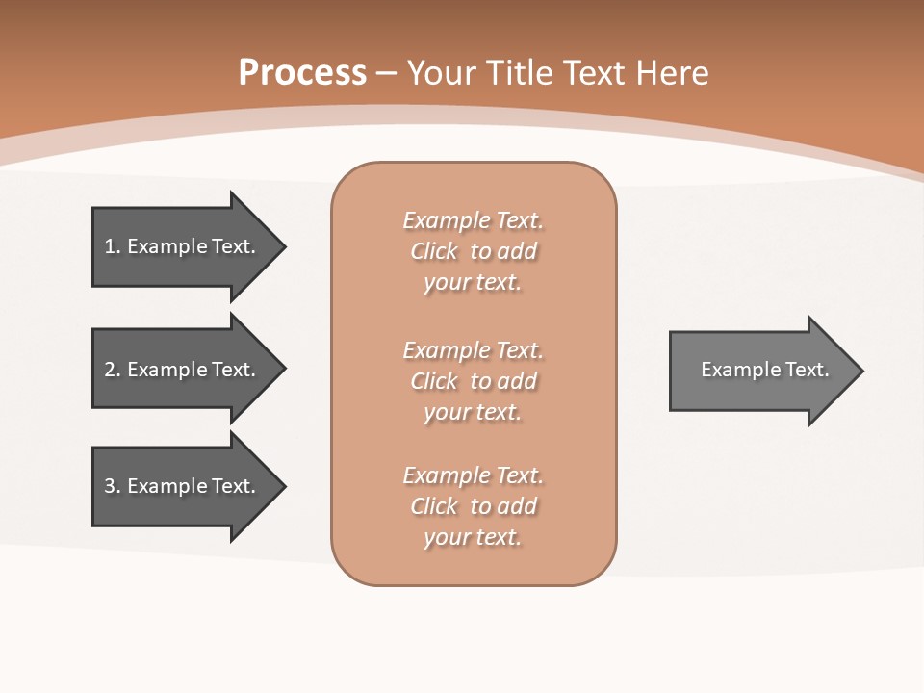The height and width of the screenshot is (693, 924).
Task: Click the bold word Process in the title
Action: [302, 73]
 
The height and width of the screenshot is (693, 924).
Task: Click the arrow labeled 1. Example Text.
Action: [183, 246]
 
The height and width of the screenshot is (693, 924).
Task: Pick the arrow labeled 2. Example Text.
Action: [183, 370]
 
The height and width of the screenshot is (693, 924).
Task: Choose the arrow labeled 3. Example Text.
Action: [183, 486]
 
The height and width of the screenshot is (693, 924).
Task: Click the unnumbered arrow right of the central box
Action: [760, 371]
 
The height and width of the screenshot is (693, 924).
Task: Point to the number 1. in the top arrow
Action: [112, 246]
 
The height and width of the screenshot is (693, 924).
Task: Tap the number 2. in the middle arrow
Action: [112, 370]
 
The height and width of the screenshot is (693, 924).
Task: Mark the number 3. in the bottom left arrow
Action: [112, 486]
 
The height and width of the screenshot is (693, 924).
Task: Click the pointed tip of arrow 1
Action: [280, 246]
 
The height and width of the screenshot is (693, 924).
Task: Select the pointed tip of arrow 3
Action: [280, 486]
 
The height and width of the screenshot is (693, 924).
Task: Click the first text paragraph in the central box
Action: [473, 251]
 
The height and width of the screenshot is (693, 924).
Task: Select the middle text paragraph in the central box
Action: [473, 380]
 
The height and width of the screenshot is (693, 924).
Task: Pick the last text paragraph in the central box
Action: [473, 506]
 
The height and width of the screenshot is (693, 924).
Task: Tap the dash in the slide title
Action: [387, 73]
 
